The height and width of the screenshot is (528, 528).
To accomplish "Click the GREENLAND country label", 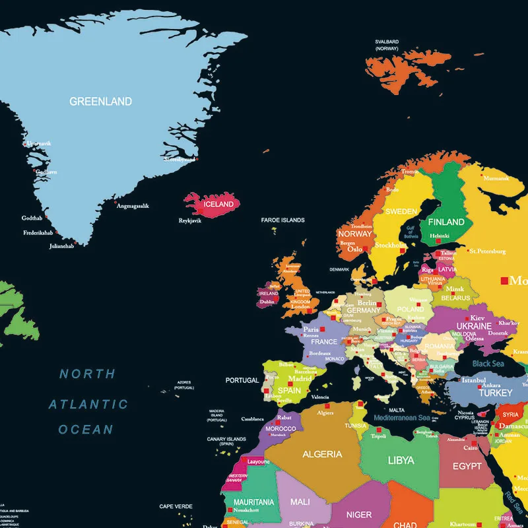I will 100,102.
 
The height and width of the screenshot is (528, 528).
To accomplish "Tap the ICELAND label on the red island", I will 218,204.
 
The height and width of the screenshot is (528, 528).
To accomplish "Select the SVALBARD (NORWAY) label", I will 387,45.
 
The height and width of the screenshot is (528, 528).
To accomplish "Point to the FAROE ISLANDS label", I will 282,220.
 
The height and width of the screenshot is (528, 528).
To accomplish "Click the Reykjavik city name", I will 190,220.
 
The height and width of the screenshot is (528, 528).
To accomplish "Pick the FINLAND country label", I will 446,222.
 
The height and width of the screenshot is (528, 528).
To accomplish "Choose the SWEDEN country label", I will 401,212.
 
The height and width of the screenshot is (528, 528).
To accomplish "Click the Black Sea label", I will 488,364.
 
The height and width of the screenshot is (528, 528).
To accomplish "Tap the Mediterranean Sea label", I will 401,418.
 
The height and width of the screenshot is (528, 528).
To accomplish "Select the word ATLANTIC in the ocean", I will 88,404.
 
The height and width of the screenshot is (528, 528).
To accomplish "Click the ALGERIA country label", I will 322,454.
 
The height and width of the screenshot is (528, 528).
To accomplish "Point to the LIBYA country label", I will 401,460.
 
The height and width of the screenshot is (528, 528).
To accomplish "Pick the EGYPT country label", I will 467,466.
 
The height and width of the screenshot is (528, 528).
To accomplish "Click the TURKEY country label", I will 495,393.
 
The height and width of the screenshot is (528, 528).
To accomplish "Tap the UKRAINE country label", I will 474,326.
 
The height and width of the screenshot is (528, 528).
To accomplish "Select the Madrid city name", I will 300,379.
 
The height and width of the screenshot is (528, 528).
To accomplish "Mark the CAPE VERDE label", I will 176,506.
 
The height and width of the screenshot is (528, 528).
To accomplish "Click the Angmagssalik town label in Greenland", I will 133,206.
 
